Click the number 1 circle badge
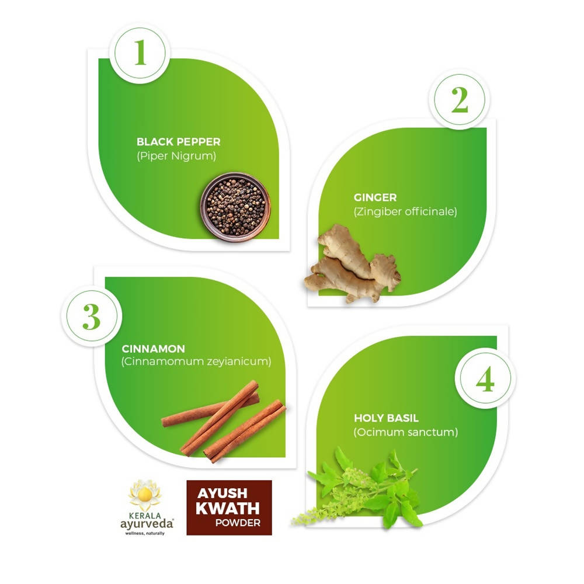(x=140, y=53)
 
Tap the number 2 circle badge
(x=460, y=100)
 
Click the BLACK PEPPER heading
(x=179, y=142)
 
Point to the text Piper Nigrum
(x=176, y=156)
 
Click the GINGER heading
(x=375, y=197)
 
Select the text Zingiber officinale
(x=405, y=211)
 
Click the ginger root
(x=352, y=269)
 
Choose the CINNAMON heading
(x=153, y=349)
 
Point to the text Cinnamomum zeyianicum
(x=196, y=362)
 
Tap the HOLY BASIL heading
(x=386, y=418)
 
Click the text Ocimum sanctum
(x=405, y=433)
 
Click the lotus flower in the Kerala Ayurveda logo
(x=144, y=495)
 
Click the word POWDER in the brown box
(x=237, y=523)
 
